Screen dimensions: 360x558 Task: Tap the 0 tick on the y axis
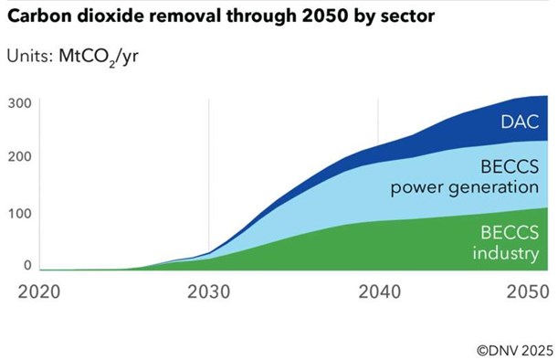[28, 265]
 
